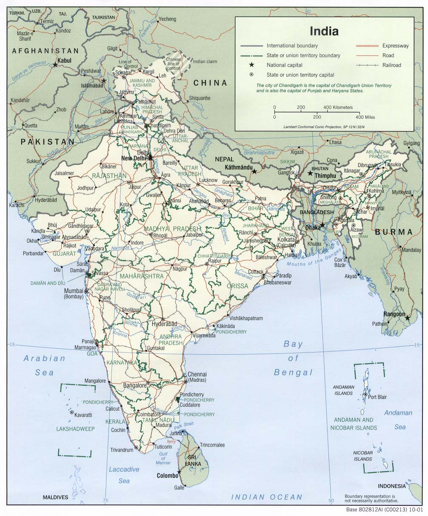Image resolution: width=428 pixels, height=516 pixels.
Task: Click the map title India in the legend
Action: pos(324,31)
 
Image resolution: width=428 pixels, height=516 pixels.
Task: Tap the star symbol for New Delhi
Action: pos(150,158)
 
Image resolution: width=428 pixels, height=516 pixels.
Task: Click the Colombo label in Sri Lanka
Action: pos(167,476)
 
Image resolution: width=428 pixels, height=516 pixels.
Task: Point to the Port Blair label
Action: pos(377,397)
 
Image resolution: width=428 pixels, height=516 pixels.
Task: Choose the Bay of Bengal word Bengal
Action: pos(293,373)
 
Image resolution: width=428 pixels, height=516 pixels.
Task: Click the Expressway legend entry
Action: pos(395,46)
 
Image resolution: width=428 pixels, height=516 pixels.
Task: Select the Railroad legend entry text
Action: pos(391,65)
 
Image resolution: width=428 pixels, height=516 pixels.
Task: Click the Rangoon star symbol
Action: pos(408,318)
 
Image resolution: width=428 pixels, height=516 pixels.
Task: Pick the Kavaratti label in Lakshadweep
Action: pos(83,414)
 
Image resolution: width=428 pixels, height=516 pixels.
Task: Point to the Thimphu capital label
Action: pos(325,175)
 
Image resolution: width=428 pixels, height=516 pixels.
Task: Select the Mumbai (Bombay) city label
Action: pos(74,294)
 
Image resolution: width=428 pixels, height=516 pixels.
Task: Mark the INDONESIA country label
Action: pos(392,486)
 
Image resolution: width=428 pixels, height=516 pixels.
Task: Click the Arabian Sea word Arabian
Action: pos(44,358)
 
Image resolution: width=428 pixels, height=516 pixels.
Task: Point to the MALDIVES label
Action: pos(55,497)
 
